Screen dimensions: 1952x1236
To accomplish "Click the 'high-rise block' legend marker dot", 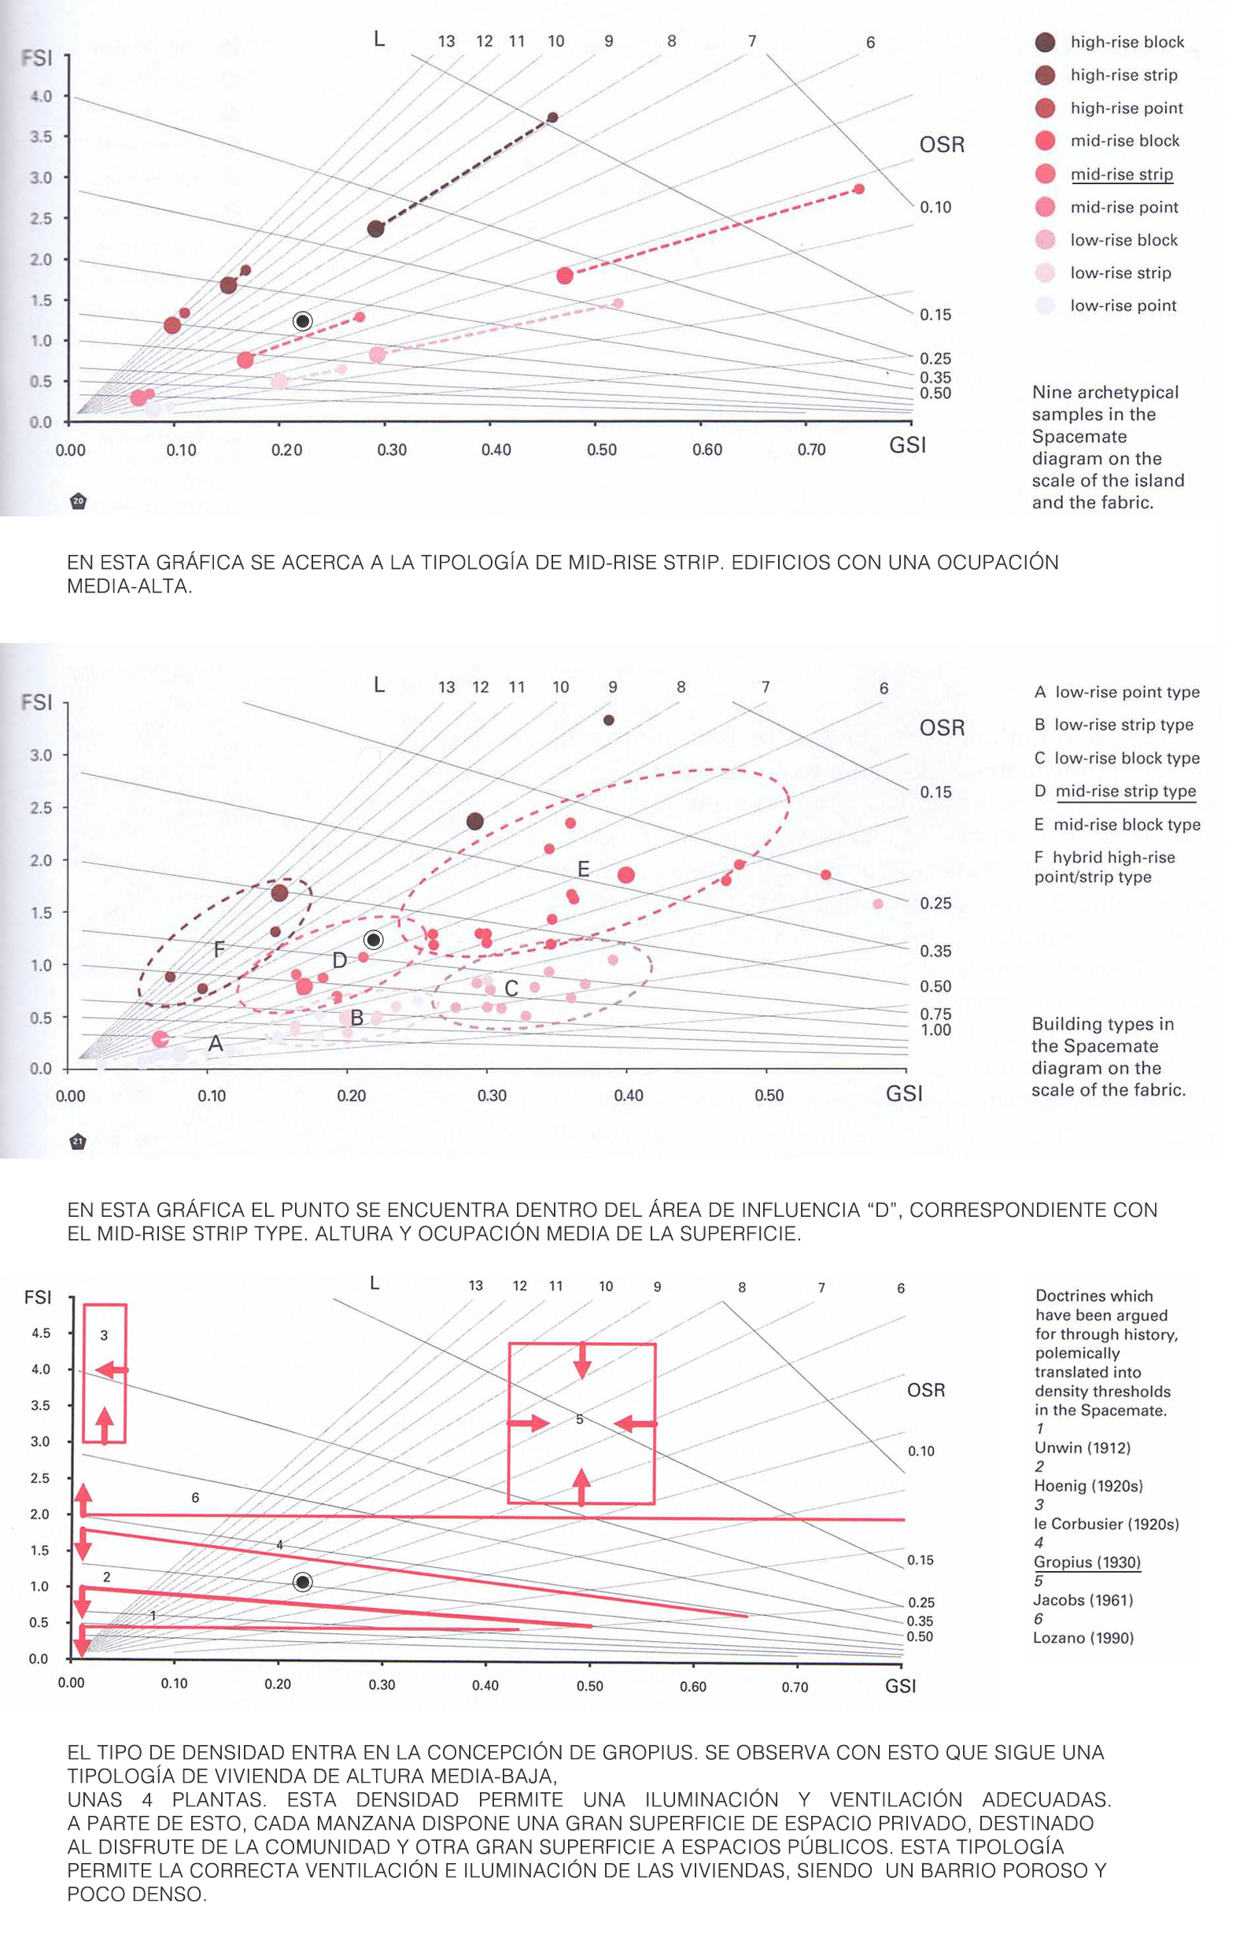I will (x=1046, y=43).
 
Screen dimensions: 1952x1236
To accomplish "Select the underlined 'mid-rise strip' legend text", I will (x=1121, y=174).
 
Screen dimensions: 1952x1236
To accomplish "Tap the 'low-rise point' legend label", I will (x=1123, y=305).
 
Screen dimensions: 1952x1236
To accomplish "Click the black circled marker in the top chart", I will (x=302, y=321).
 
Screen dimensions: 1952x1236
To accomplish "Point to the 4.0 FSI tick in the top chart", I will (x=41, y=97).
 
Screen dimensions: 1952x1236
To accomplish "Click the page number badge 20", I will (x=78, y=501).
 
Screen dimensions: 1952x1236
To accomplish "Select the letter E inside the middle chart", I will (x=584, y=870).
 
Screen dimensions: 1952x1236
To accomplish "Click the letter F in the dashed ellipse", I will (x=219, y=949).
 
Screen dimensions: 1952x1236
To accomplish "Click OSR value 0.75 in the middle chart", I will (x=935, y=1014).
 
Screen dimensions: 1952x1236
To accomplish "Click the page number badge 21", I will (x=78, y=1141).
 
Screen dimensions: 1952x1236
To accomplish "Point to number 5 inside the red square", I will (x=580, y=1419).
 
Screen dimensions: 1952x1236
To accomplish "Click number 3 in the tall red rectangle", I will (x=104, y=1335).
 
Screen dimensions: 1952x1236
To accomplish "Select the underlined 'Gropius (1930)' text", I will (x=1087, y=1562).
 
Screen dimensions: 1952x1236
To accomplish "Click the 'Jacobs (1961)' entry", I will (x=1083, y=1600).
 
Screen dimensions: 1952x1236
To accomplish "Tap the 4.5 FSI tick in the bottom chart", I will (x=41, y=1333).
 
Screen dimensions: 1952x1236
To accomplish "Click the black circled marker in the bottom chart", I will (x=302, y=1581).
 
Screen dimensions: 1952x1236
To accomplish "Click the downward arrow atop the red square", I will (x=582, y=1361).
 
